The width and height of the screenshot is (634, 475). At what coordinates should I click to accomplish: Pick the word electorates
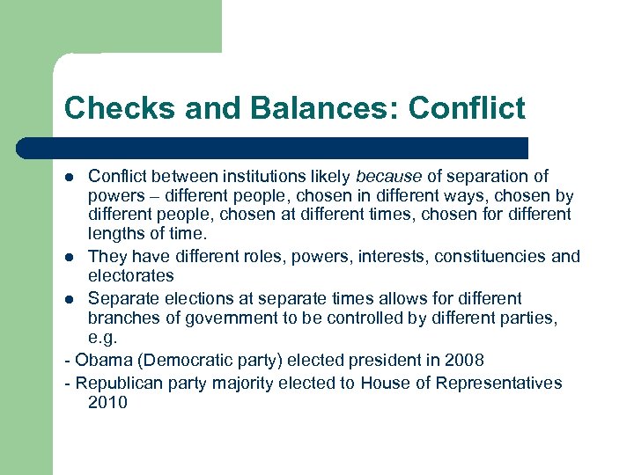(131, 275)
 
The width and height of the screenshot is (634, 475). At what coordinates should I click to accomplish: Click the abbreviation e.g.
(102, 338)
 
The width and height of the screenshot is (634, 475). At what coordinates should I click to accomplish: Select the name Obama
(102, 360)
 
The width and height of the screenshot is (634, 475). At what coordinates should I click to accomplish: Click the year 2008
(464, 360)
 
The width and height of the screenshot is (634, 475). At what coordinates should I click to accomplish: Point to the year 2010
(107, 402)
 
